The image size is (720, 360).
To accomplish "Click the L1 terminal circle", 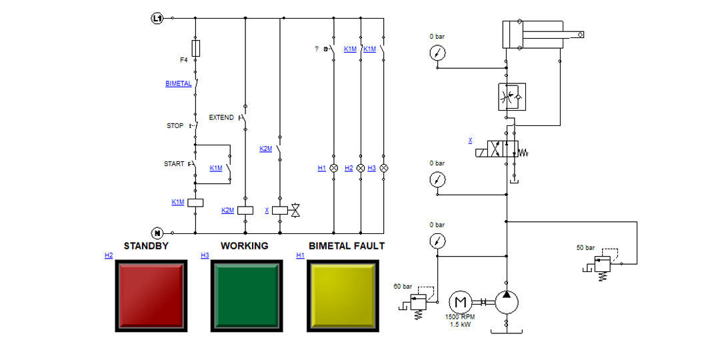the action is pyautogui.click(x=157, y=19).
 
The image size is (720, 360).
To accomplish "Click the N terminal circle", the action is pyautogui.click(x=157, y=233).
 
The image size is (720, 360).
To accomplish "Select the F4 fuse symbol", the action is pyautogui.click(x=195, y=48).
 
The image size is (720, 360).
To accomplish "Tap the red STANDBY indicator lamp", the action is pyautogui.click(x=151, y=296).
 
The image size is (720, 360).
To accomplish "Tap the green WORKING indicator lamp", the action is pyautogui.click(x=247, y=296).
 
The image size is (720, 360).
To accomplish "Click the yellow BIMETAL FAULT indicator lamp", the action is pyautogui.click(x=343, y=296).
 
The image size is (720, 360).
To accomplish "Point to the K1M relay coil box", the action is pyautogui.click(x=195, y=203).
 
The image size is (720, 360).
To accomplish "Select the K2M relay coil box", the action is pyautogui.click(x=245, y=210).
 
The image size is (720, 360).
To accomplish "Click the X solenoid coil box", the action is pyautogui.click(x=280, y=210).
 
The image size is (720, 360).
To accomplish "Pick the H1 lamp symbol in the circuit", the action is pyautogui.click(x=334, y=168).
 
